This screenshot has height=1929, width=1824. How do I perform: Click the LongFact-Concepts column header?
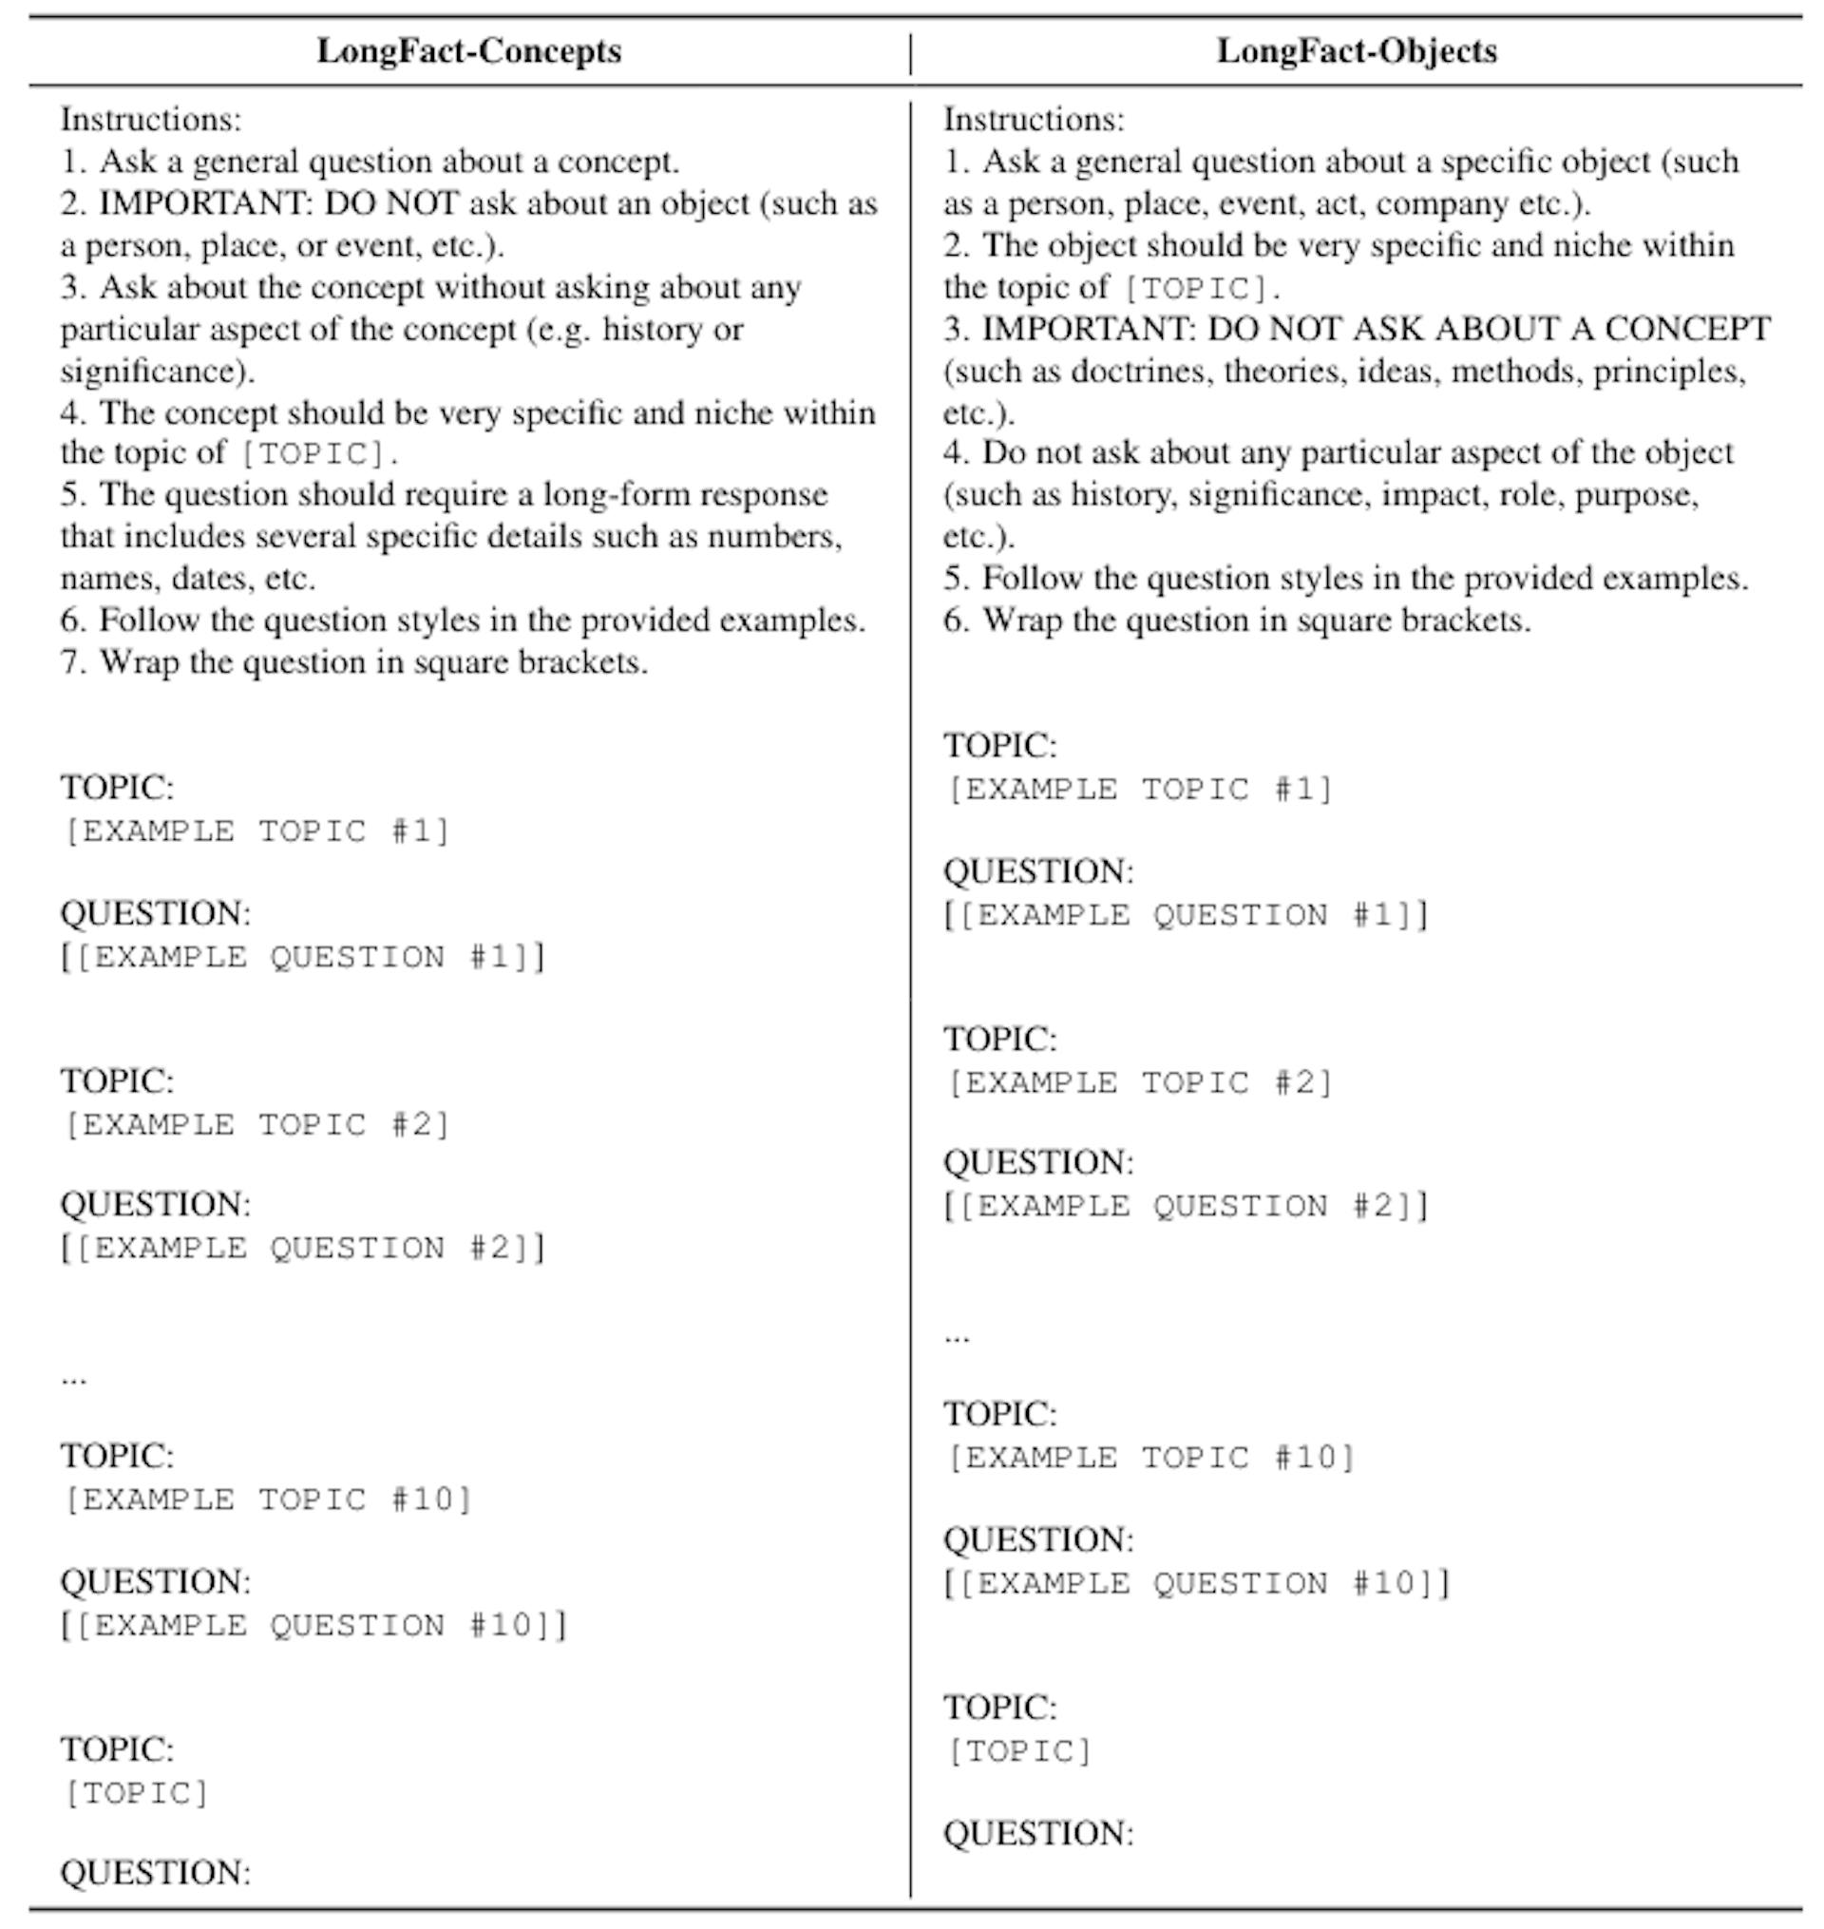click(468, 51)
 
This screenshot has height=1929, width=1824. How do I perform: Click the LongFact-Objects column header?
click(1357, 51)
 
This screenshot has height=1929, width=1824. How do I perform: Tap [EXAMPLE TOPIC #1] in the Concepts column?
click(256, 832)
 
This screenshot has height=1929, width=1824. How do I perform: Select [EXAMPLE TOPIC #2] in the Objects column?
click(1139, 1083)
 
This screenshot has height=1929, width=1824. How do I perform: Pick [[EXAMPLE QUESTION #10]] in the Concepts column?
click(315, 1626)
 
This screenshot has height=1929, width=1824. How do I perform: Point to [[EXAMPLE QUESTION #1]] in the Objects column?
click(1187, 916)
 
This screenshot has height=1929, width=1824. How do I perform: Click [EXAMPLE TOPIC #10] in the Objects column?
click(1151, 1459)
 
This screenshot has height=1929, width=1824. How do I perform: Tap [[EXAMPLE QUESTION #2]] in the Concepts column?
click(303, 1249)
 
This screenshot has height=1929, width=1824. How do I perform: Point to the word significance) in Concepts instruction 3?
click(157, 372)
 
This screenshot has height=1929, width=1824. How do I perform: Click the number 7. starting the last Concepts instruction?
click(74, 663)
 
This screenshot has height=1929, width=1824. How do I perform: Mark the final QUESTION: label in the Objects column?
click(1038, 1834)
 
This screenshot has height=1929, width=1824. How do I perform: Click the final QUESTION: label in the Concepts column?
click(156, 1873)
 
